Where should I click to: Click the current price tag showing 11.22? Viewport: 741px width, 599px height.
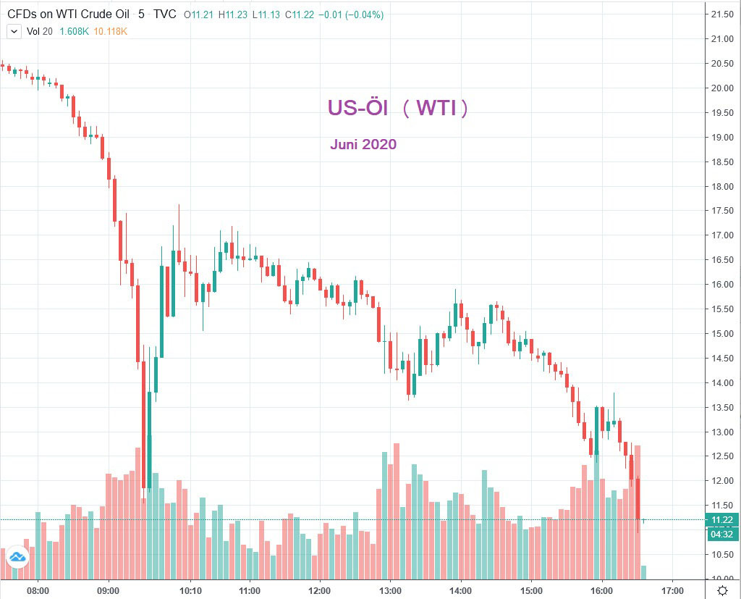(722, 520)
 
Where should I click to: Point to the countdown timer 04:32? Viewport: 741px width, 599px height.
(722, 534)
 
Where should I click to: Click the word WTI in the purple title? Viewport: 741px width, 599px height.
(436, 109)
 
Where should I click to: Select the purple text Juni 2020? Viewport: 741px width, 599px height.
(363, 144)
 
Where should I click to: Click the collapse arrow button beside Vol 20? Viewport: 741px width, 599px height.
(13, 31)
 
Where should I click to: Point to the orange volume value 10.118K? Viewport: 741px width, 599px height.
(111, 31)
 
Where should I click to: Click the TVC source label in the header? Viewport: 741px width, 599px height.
(166, 14)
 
